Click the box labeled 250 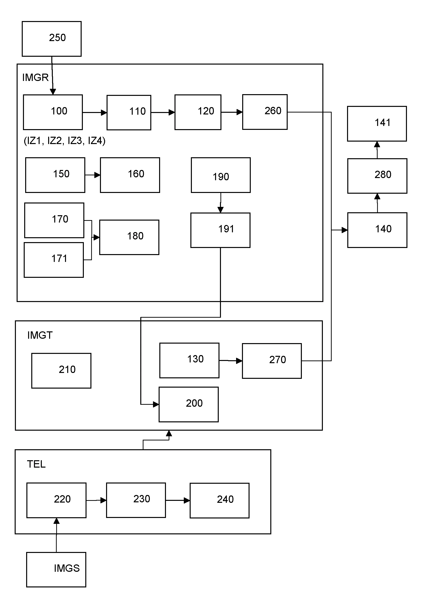pos(52,39)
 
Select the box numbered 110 pos(129,112)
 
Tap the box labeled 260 pos(265,112)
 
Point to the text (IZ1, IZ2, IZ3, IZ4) pos(65,141)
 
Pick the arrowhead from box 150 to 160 pos(97,175)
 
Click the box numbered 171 pos(54,260)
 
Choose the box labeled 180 pos(129,237)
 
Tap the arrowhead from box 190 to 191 pos(220,210)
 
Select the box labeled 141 pos(377,124)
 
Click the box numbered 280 pos(377,176)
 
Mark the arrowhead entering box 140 pos(344,230)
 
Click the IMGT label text pos(40,335)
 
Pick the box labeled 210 pos(61,370)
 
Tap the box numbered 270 pos(272,361)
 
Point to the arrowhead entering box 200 pos(156,404)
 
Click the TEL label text pos(36,464)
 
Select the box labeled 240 pos(219,500)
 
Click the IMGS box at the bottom pos(56,569)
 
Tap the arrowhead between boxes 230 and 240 pos(187,500)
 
